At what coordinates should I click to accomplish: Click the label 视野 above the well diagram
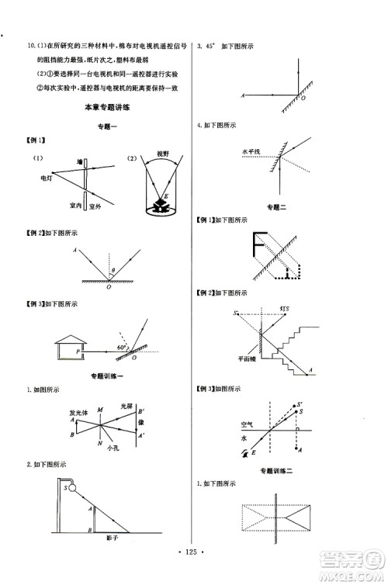(x=162, y=154)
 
